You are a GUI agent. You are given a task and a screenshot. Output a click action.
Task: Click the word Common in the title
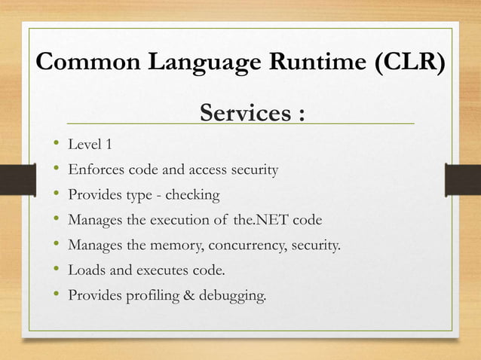click(83, 63)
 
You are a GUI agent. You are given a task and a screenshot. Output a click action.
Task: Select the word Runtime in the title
click(312, 63)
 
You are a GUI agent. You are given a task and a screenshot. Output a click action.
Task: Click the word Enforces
click(93, 169)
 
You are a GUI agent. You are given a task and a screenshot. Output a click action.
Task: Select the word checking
click(192, 195)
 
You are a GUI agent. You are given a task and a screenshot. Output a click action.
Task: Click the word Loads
click(85, 270)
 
